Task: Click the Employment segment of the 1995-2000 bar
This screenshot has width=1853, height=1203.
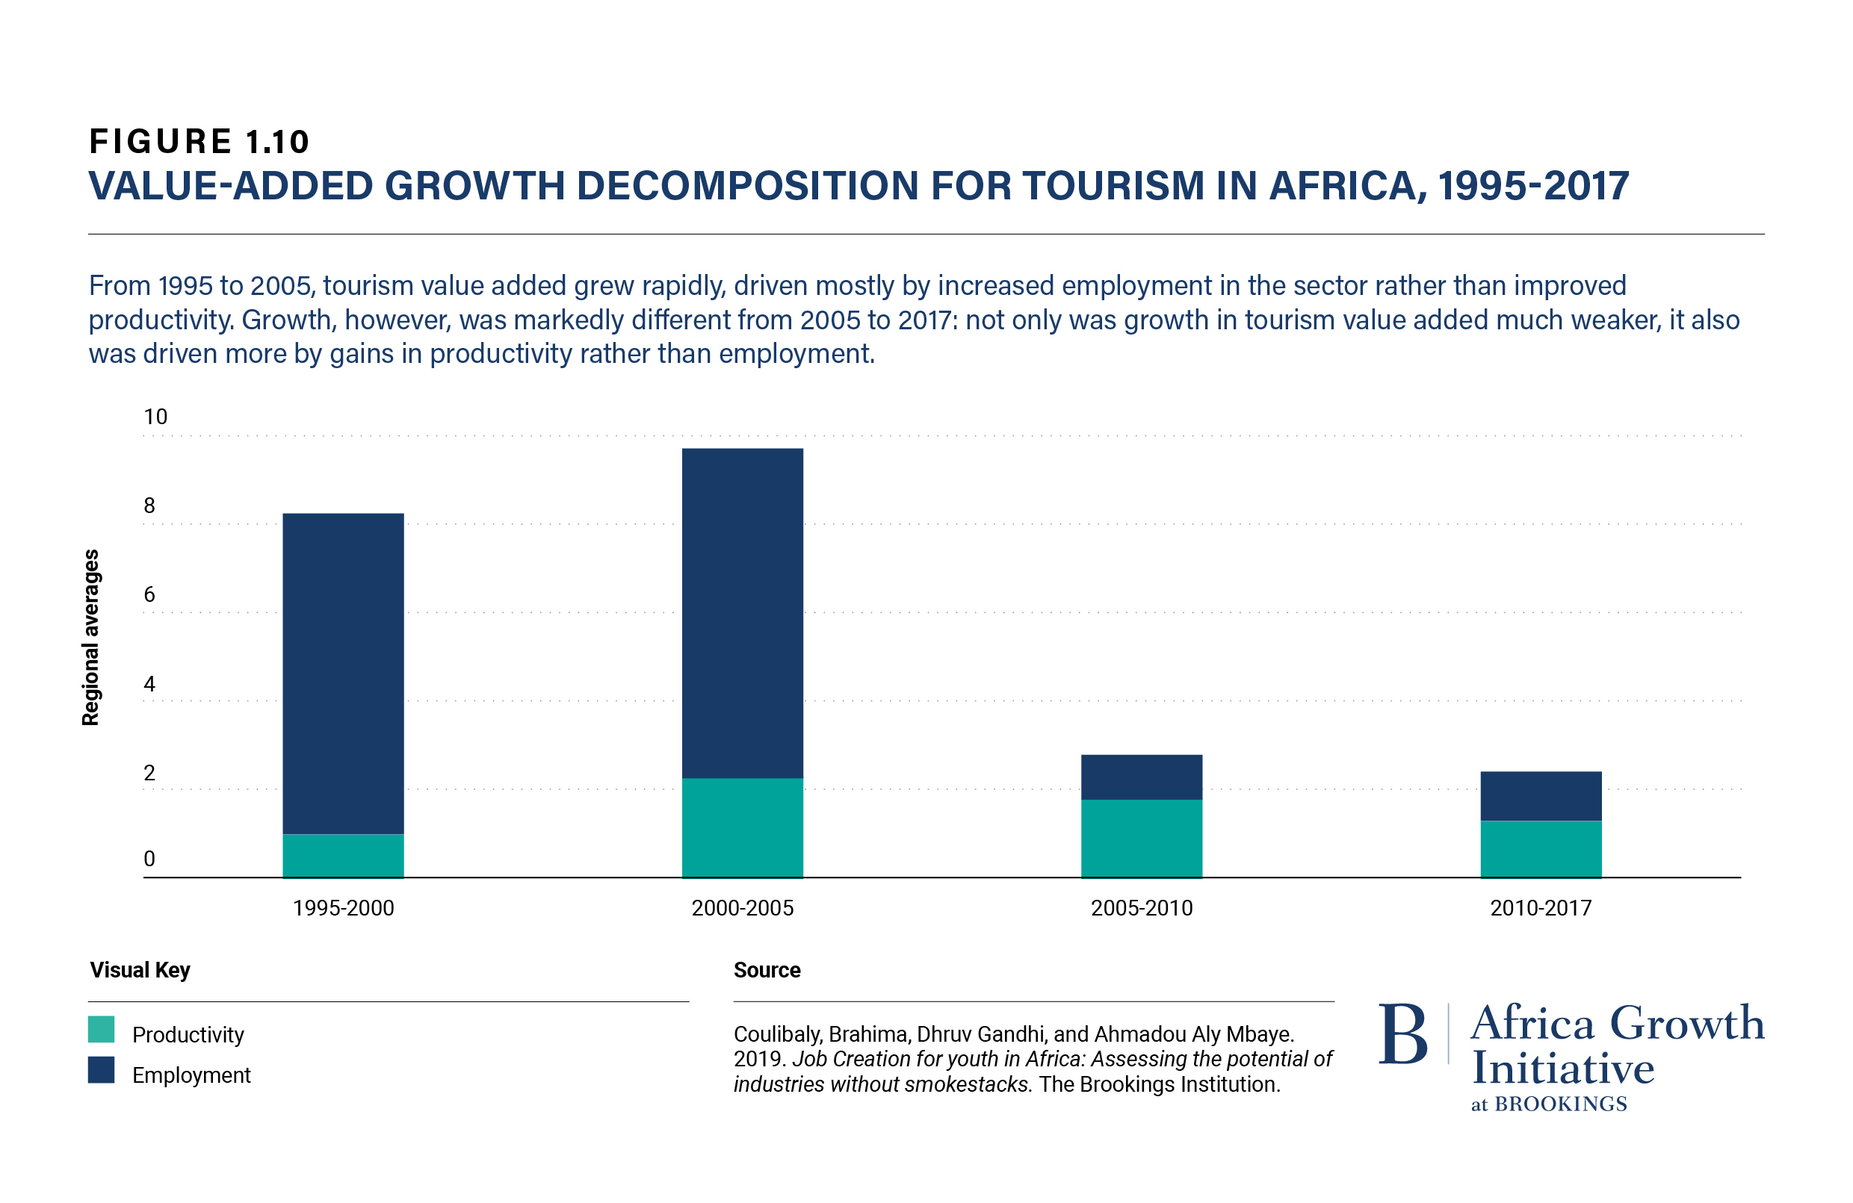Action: pyautogui.click(x=344, y=674)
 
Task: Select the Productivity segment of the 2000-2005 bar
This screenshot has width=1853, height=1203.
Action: pyautogui.click(x=742, y=828)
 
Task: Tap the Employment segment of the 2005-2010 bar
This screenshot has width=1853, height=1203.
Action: pyautogui.click(x=1142, y=777)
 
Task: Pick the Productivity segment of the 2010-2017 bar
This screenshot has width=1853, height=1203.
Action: pyautogui.click(x=1541, y=849)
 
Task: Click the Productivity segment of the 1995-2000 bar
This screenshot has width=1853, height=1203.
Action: pyautogui.click(x=344, y=856)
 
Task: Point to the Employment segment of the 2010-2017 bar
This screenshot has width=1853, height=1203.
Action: pyautogui.click(x=1541, y=796)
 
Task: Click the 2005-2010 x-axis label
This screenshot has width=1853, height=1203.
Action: pyautogui.click(x=1142, y=908)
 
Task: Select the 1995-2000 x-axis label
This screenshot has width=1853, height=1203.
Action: pyautogui.click(x=344, y=908)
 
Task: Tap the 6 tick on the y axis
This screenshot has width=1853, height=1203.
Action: pyautogui.click(x=149, y=594)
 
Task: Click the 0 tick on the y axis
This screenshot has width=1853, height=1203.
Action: pyautogui.click(x=149, y=859)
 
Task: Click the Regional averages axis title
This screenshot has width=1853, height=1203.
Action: pyautogui.click(x=91, y=637)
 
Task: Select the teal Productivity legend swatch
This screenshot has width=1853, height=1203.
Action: pyautogui.click(x=101, y=1030)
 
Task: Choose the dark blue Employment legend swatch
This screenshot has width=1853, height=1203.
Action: pyautogui.click(x=101, y=1070)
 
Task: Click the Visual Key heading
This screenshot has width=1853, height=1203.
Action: pyautogui.click(x=140, y=970)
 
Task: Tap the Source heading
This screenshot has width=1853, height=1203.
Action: pyautogui.click(x=767, y=970)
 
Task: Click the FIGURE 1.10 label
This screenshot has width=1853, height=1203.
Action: pyautogui.click(x=199, y=142)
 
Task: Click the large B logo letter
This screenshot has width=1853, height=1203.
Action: pyautogui.click(x=1403, y=1034)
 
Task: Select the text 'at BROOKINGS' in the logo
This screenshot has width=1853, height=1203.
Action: pyautogui.click(x=1549, y=1104)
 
